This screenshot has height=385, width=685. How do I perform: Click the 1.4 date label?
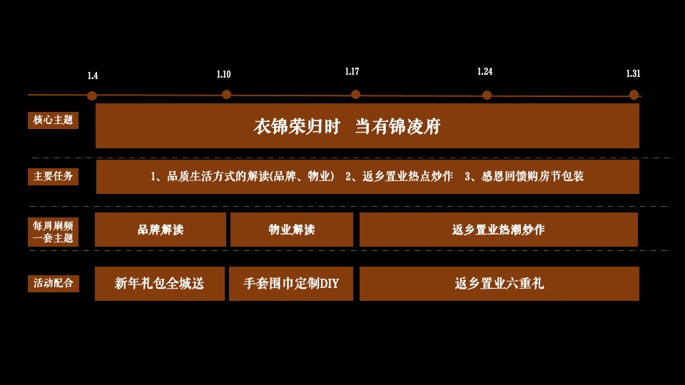[x=93, y=76]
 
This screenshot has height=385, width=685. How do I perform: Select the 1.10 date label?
[x=223, y=74]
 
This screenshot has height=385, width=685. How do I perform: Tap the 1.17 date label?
[x=352, y=72]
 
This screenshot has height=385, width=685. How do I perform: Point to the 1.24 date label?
[x=485, y=72]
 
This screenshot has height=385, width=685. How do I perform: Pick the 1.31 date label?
[x=633, y=73]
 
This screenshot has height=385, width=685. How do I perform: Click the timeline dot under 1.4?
[x=92, y=96]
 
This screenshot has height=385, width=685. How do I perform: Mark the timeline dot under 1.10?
[x=226, y=94]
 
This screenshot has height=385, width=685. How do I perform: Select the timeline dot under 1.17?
[x=355, y=94]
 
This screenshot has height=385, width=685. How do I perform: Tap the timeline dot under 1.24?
[x=487, y=96]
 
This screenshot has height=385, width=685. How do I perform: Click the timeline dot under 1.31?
[x=634, y=95]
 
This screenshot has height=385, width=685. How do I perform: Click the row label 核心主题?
[x=54, y=120]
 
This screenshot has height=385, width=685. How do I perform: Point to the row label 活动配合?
[x=54, y=283]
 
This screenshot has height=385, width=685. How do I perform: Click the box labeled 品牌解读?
[x=161, y=230]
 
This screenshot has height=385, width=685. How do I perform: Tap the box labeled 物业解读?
[x=291, y=230]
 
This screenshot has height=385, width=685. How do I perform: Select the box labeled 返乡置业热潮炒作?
[x=498, y=230]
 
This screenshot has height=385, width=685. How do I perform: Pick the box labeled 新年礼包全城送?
[x=160, y=284]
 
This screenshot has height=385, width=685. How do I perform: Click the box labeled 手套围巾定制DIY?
[x=291, y=284]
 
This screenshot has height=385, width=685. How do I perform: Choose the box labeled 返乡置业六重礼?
[x=499, y=284]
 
